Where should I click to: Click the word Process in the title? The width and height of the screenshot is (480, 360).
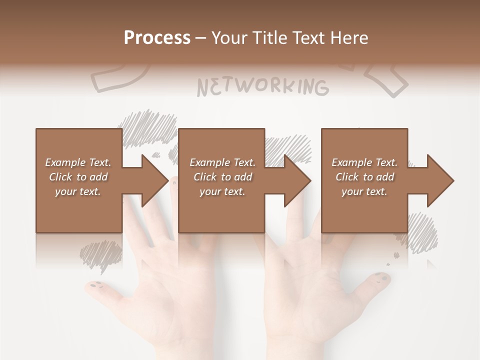click(157, 37)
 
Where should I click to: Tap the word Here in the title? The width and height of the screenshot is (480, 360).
click(348, 37)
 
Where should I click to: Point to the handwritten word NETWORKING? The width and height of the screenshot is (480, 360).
click(263, 86)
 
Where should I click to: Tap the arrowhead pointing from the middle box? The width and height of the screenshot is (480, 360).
click(297, 180)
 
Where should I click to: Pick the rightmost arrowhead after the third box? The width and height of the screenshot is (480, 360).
click(440, 180)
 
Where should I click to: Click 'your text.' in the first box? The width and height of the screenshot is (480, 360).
click(78, 191)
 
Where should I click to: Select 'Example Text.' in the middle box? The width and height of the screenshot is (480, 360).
click(222, 162)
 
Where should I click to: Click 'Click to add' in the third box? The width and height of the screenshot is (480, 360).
click(365, 176)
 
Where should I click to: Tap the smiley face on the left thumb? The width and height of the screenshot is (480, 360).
click(95, 285)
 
